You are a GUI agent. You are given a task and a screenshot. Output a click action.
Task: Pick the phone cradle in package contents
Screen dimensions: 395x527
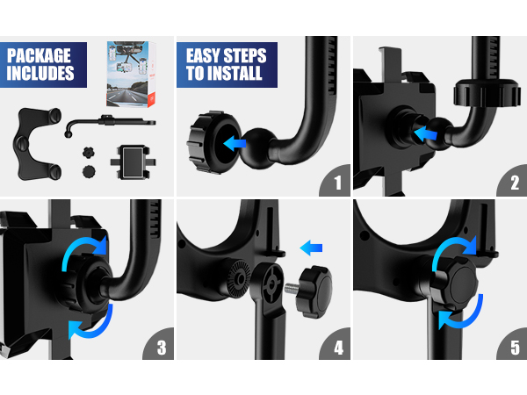(x=134, y=162)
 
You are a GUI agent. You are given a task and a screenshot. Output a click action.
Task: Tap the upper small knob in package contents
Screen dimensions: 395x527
(x=88, y=149)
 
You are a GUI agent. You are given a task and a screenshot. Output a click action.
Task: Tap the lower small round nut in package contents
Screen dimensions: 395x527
(x=88, y=170)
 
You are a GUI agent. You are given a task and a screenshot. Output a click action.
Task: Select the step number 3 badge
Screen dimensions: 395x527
(x=161, y=348)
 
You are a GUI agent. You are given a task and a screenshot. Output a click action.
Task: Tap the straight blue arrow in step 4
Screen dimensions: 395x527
(x=311, y=247)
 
